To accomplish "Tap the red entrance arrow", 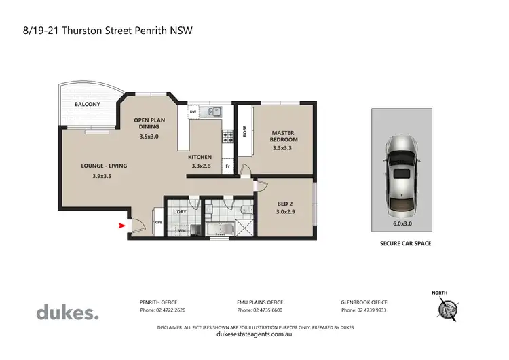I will click(x=122, y=226).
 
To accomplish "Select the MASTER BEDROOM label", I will click(x=285, y=136).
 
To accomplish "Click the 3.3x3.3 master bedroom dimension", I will click(x=285, y=148).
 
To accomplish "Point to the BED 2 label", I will click(x=286, y=202).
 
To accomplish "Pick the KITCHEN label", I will click(x=201, y=157).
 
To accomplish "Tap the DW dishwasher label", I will click(x=193, y=111).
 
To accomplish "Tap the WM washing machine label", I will click(x=181, y=230).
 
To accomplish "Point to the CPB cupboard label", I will click(x=158, y=222).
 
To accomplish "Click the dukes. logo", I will click(x=67, y=312).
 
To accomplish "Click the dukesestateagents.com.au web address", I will click(x=254, y=334).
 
